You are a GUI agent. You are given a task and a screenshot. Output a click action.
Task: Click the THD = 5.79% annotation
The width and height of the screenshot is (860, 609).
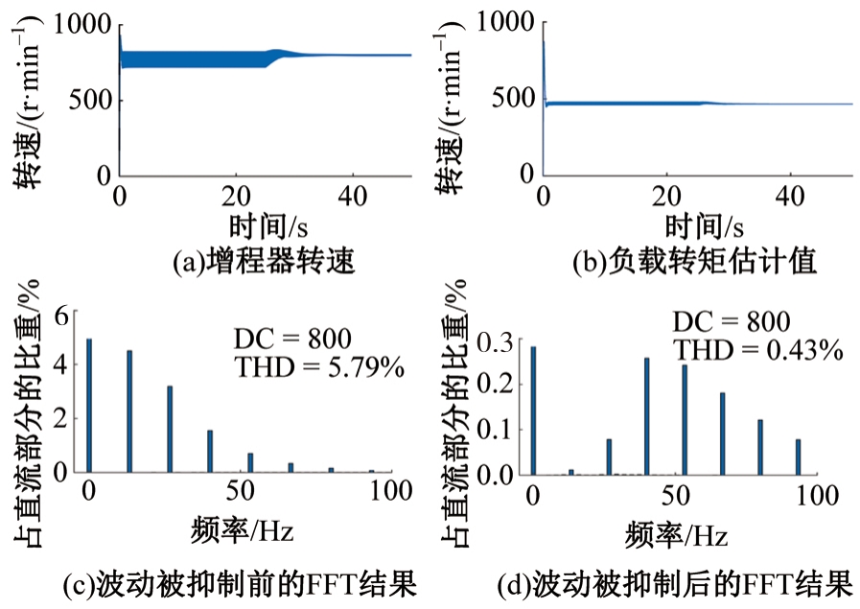point(319,365)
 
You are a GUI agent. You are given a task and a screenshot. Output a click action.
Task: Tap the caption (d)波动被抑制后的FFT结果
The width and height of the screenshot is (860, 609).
point(675,582)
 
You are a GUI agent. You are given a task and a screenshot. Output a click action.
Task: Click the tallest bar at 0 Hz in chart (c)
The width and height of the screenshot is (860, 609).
point(89,405)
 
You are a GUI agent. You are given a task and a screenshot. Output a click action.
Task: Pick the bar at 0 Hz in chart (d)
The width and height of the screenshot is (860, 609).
point(533,410)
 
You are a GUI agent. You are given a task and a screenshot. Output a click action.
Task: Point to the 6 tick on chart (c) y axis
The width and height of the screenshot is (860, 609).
point(62,314)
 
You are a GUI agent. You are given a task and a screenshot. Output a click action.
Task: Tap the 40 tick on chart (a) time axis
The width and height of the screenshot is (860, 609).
point(356,197)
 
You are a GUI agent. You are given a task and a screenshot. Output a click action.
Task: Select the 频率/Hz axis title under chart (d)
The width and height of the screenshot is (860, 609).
point(673,529)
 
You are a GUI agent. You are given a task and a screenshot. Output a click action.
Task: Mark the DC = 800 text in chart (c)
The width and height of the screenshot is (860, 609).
point(293,339)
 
